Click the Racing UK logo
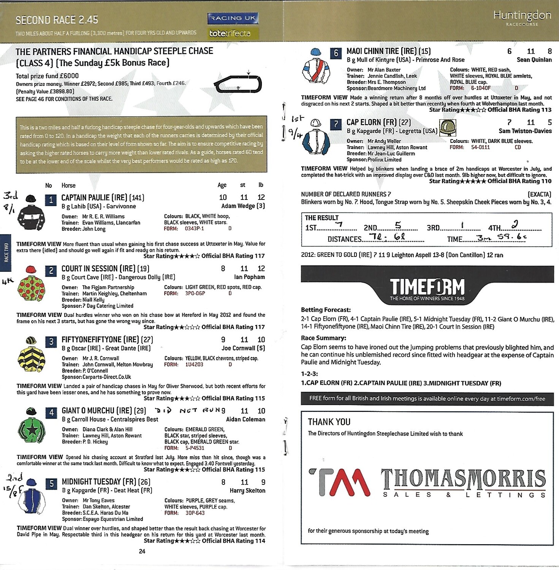233,18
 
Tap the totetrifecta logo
230,33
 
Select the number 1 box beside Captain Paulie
51,199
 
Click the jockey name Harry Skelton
247,491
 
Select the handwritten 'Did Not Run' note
190,410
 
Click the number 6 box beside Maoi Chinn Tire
336,53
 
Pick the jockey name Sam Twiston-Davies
525,131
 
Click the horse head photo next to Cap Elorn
447,127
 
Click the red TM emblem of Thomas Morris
339,483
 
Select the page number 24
142,551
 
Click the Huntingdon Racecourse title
522,17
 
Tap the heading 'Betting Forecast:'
326,310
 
